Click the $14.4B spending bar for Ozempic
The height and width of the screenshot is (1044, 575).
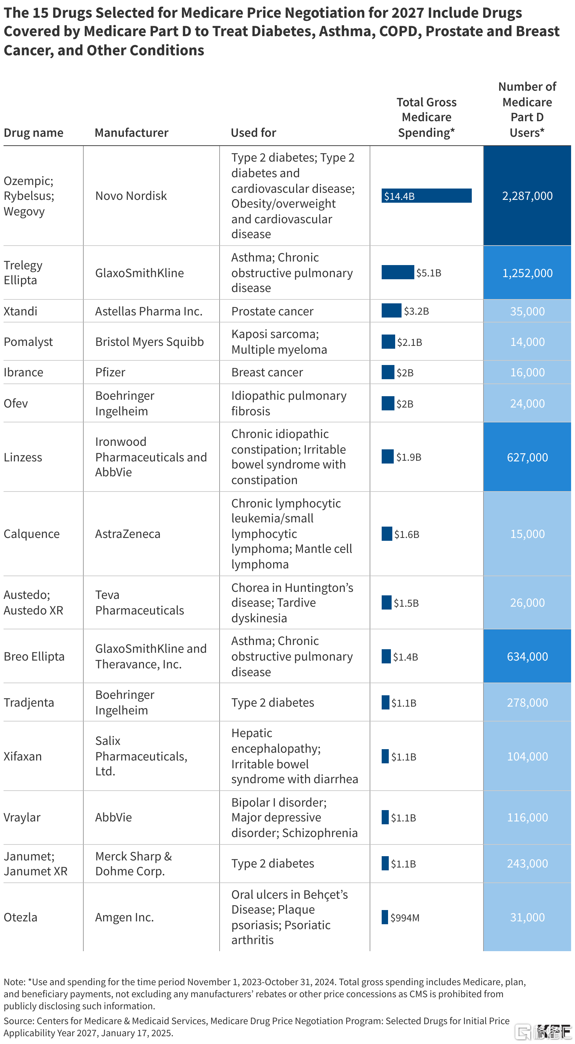426,196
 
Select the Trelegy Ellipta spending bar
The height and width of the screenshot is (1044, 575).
398,273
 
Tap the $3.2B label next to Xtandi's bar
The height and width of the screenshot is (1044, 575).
416,311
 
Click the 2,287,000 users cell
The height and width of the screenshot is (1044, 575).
527,196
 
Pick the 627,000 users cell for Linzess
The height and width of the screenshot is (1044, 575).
527,457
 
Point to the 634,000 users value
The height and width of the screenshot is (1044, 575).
527,656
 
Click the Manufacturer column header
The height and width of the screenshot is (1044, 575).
132,133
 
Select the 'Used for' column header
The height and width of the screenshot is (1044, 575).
254,133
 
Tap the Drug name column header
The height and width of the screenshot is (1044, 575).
34,133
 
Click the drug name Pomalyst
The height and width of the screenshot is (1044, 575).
28,342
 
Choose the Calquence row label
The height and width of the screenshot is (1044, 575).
32,534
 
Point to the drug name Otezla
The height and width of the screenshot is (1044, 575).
21,917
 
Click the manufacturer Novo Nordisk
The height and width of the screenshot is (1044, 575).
131,196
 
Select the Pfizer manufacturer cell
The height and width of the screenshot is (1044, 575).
110,372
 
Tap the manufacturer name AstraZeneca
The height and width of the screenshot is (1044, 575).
128,534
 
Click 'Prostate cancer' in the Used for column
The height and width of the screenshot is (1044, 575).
272,311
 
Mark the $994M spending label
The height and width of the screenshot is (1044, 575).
405,917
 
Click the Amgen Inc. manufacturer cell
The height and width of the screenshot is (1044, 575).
125,917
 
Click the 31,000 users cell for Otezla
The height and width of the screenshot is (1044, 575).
527,917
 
